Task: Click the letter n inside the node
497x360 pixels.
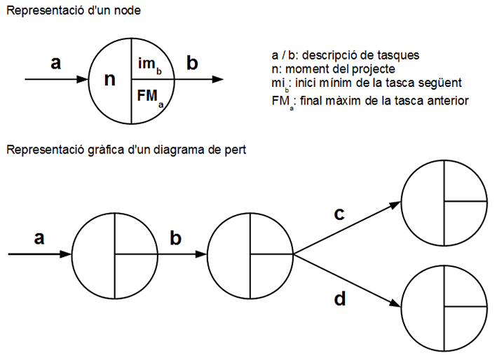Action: [x=109, y=78]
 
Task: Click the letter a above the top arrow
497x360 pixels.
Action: [x=56, y=63]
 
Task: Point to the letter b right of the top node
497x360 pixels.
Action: [x=192, y=63]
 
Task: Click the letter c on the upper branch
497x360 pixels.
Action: [x=339, y=214]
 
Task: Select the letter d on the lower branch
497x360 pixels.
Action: [x=340, y=300]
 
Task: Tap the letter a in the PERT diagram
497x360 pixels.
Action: [x=39, y=237]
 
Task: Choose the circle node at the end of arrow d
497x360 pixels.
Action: [x=444, y=306]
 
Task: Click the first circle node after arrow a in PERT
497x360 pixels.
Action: [x=114, y=254]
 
